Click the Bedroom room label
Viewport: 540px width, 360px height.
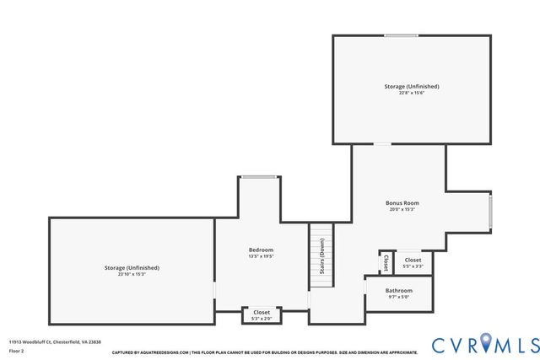pyautogui.click(x=261, y=250)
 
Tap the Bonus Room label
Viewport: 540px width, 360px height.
pyautogui.click(x=402, y=203)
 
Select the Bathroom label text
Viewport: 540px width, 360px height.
pyautogui.click(x=399, y=290)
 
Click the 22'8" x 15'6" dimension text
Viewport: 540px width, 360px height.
pyautogui.click(x=412, y=93)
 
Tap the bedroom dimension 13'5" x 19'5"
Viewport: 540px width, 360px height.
pyautogui.click(x=261, y=256)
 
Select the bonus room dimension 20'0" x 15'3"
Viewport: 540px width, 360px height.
pyautogui.click(x=402, y=210)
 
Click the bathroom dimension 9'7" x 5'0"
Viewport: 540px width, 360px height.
pyautogui.click(x=399, y=297)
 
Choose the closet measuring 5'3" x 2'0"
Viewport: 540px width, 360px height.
pyautogui.click(x=262, y=315)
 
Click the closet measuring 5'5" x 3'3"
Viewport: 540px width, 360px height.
pyautogui.click(x=413, y=263)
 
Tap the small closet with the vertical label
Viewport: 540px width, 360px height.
pyautogui.click(x=386, y=262)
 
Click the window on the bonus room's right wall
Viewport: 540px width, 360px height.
pyautogui.click(x=490, y=211)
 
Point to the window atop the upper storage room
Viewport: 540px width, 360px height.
pyautogui.click(x=401, y=35)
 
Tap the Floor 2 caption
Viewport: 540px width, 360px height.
pyautogui.click(x=17, y=350)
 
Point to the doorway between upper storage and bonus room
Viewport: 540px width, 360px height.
pyautogui.click(x=383, y=144)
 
